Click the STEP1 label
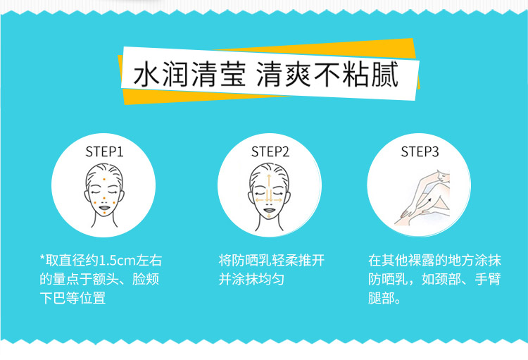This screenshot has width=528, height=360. click(x=104, y=151)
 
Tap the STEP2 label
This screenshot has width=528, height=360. click(x=270, y=151)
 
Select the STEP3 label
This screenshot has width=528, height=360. click(x=420, y=151)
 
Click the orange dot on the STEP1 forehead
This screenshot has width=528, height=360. click(x=104, y=179)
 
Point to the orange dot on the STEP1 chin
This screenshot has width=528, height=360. click(x=104, y=213)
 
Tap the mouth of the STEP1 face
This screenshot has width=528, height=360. click(x=104, y=207)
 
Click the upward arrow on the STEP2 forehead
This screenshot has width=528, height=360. click(x=269, y=184)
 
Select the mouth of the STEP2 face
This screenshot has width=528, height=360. click(x=269, y=210)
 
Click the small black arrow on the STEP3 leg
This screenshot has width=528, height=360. click(x=429, y=201)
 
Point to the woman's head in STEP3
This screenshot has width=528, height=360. click(x=444, y=176)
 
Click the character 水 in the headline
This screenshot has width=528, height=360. click(x=146, y=74)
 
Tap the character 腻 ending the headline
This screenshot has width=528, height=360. click(x=385, y=74)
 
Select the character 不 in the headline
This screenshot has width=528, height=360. click(x=326, y=74)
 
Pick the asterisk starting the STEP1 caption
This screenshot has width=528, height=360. click(x=42, y=258)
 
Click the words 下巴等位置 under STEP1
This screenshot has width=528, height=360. click(x=73, y=298)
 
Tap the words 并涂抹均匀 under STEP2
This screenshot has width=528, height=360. click(x=251, y=279)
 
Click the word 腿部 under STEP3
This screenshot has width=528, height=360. click(x=381, y=298)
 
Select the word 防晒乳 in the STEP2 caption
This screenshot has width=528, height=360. click(x=251, y=260)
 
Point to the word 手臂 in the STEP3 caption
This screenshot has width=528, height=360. click(x=488, y=279)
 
